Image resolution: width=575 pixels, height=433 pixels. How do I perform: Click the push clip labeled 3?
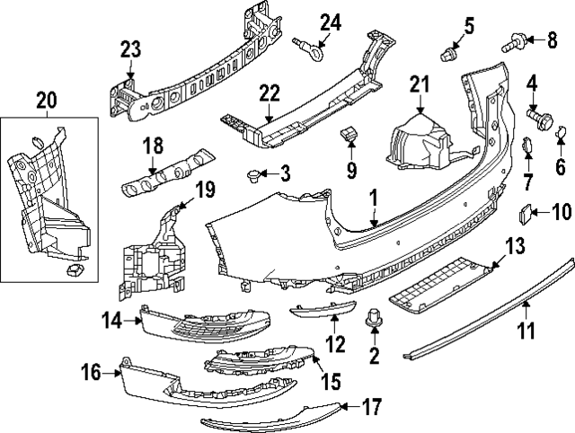(254, 173)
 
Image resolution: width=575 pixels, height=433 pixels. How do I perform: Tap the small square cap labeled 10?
(524, 213)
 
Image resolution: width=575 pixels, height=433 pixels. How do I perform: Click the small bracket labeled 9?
(350, 136)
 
